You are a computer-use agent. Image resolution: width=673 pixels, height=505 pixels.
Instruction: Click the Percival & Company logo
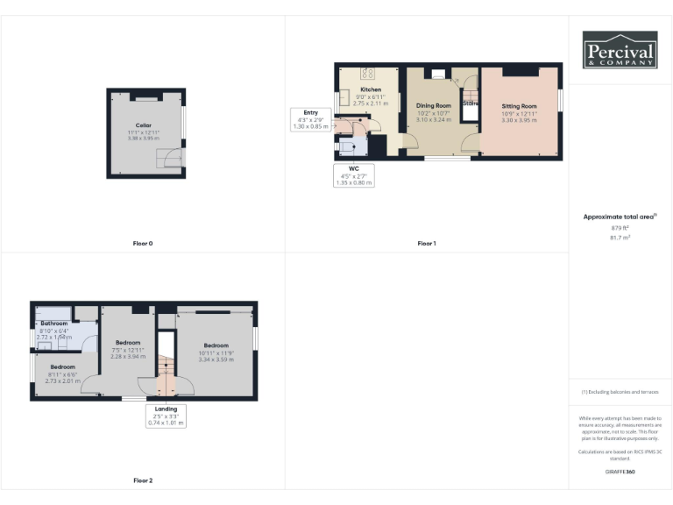(x=620, y=50)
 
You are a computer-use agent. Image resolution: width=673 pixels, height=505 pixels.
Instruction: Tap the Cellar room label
(x=143, y=125)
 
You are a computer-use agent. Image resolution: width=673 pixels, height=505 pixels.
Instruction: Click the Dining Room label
(x=433, y=106)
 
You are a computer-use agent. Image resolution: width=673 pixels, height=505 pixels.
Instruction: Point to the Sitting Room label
(x=518, y=106)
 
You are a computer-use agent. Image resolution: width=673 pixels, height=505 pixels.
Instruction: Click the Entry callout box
(x=310, y=119)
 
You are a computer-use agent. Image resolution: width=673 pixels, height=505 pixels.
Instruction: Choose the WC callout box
(x=354, y=175)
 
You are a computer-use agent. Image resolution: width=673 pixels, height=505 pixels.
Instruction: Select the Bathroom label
(x=53, y=324)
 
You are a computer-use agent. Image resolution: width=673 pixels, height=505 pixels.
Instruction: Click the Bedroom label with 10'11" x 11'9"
(x=216, y=345)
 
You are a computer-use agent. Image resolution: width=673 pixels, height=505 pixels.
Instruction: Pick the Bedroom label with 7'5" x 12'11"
(x=128, y=342)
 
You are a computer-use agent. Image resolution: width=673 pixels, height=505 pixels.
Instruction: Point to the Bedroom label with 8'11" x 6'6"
(x=61, y=366)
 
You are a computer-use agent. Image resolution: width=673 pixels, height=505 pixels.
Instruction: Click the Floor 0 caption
(x=143, y=243)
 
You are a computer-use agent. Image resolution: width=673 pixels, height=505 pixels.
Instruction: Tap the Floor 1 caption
(x=426, y=243)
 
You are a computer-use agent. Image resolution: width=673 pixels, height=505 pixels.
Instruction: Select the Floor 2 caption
(x=143, y=480)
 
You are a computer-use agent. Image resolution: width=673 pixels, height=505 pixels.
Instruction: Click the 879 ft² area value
(x=620, y=227)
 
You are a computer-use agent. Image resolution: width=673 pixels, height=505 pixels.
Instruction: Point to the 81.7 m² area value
(x=620, y=236)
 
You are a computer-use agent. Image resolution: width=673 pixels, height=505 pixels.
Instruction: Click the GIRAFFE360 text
(x=620, y=472)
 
